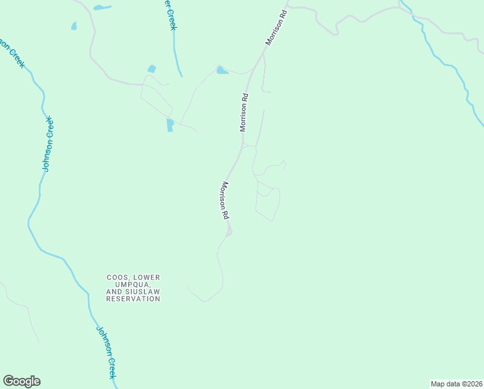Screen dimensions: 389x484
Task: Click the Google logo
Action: point(22,381)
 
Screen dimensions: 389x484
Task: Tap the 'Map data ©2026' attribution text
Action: point(456,384)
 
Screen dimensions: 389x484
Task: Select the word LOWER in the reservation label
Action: point(147,277)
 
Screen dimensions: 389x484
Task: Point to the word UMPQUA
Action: point(133,285)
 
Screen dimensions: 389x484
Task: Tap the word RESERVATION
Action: point(133,299)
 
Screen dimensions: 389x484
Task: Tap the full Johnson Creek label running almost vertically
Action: point(47,144)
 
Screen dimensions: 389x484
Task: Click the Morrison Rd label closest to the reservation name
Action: point(224,199)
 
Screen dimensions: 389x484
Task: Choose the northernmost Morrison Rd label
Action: point(276,27)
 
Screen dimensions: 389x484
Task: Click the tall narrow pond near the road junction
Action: point(170,125)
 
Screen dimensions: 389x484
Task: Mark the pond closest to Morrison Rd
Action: point(223,70)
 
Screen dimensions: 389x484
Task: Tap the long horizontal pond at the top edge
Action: point(102,8)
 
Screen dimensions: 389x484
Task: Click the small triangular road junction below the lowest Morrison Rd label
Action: point(228,231)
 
